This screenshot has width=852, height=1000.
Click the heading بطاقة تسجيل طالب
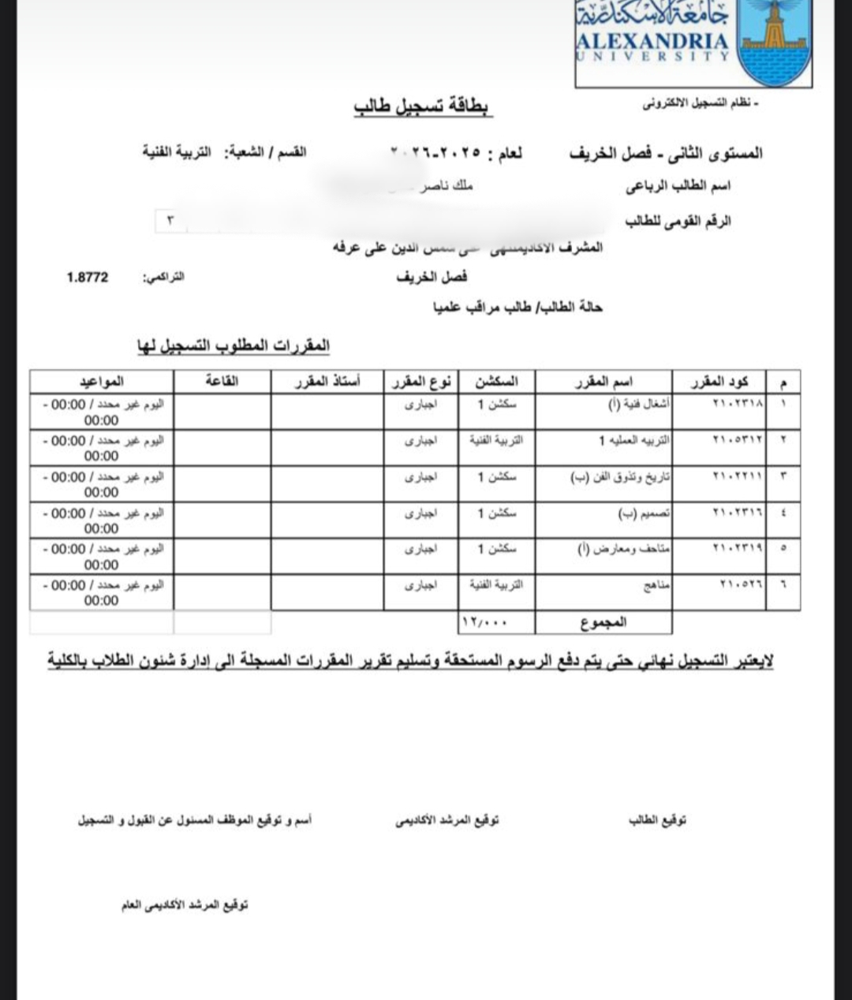pyautogui.click(x=423, y=107)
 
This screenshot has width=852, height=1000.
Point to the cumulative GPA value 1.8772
pyautogui.click(x=88, y=278)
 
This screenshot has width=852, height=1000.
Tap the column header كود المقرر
pyautogui.click(x=719, y=382)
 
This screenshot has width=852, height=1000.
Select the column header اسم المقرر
pyautogui.click(x=603, y=382)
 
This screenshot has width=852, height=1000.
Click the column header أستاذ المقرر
pyautogui.click(x=327, y=382)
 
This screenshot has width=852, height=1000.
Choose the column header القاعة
pyautogui.click(x=222, y=382)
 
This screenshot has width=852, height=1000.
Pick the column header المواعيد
pyautogui.click(x=102, y=382)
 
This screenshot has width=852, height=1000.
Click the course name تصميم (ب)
pyautogui.click(x=644, y=513)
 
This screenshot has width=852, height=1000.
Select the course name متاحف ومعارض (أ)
pyautogui.click(x=623, y=550)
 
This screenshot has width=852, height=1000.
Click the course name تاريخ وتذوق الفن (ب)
pyautogui.click(x=619, y=477)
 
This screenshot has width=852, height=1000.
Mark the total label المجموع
pyautogui.click(x=603, y=622)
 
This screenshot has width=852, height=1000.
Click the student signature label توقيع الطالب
pyautogui.click(x=657, y=821)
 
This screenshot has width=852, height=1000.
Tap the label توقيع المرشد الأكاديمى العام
pyautogui.click(x=185, y=905)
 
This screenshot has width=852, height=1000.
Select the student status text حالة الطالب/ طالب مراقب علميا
pyautogui.click(x=518, y=307)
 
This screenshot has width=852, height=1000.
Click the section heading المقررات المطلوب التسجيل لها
pyautogui.click(x=234, y=346)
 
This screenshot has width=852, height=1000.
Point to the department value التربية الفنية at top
pyautogui.click(x=177, y=152)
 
